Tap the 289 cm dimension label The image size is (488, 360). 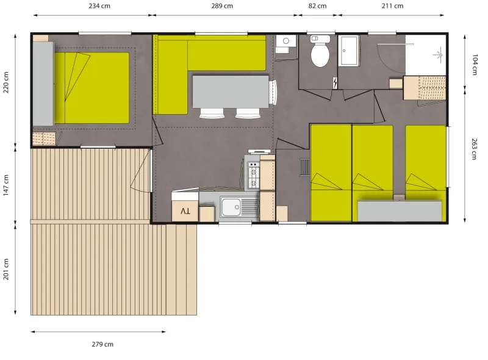coord(221,6)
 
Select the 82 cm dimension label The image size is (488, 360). coord(317,6)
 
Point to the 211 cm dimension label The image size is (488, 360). coord(392,6)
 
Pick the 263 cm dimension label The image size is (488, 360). coord(475,149)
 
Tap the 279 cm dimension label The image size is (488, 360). coord(102,344)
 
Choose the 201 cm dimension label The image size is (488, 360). coord(6,269)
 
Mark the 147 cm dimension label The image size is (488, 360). coord(6,185)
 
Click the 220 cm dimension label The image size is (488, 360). coord(6,83)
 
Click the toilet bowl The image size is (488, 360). coord(320,54)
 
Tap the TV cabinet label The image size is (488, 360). coord(185,212)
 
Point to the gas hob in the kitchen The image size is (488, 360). coord(252,173)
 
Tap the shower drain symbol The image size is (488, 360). coord(438,55)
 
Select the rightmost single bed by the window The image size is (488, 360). coord(426,160)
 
